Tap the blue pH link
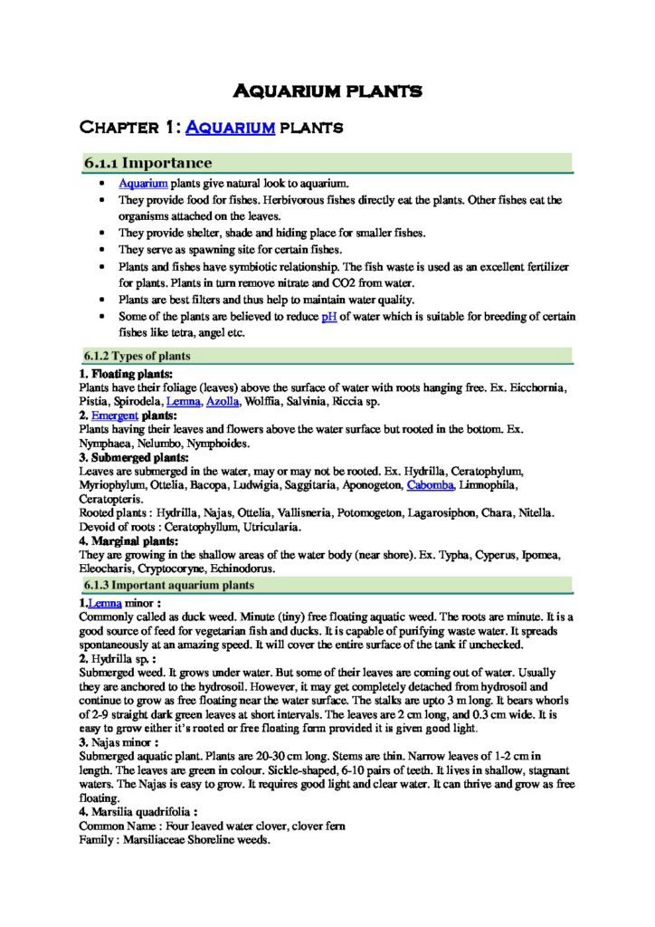pyautogui.click(x=329, y=317)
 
